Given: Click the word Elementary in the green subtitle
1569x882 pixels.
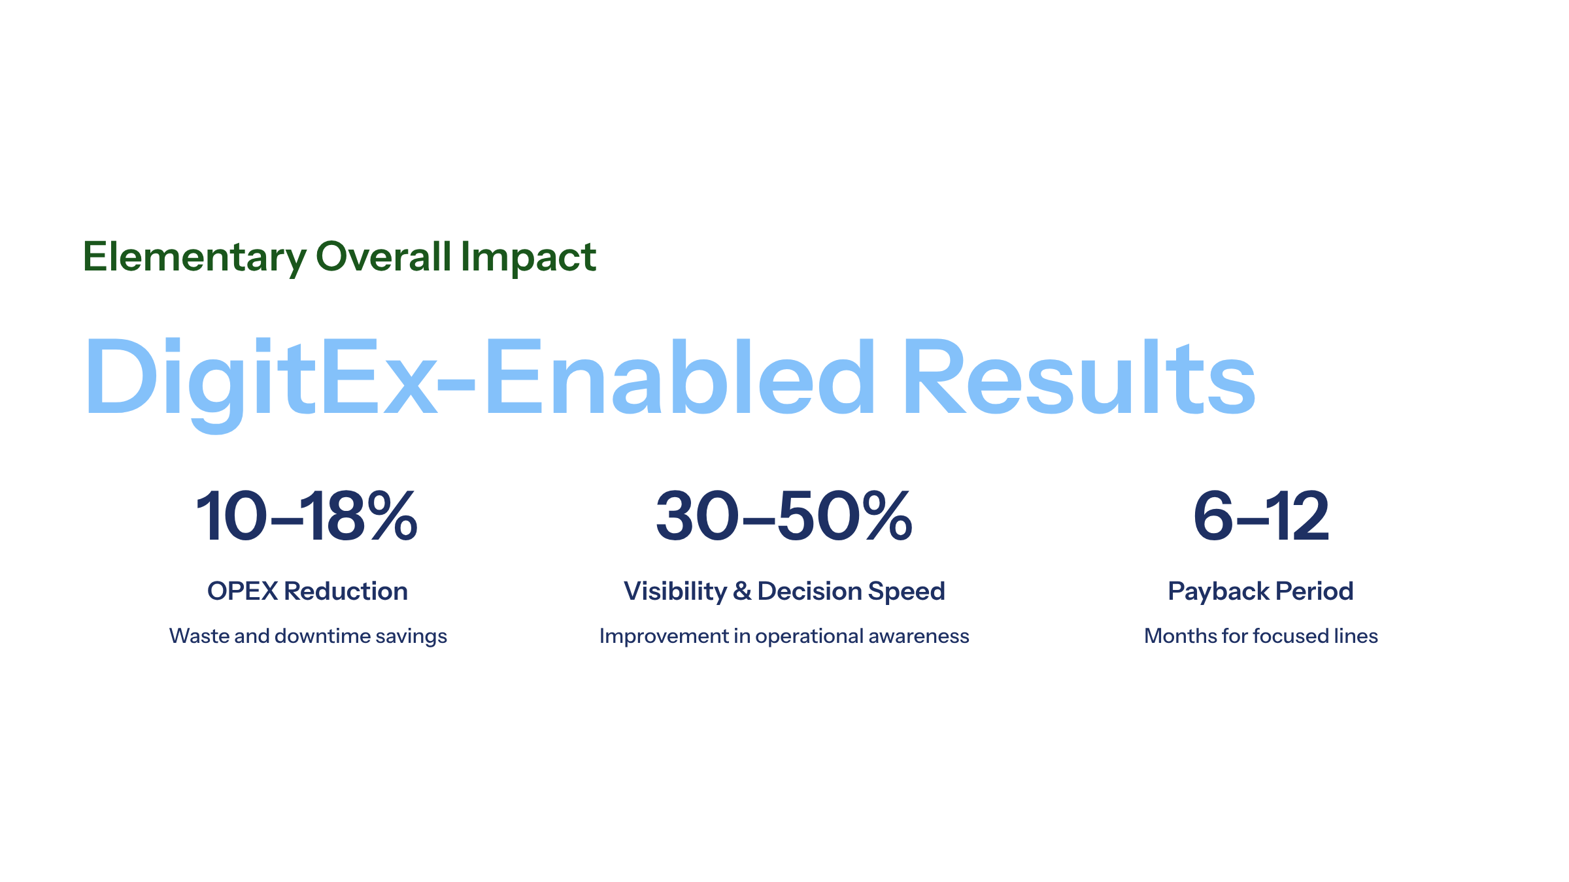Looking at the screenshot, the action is (195, 257).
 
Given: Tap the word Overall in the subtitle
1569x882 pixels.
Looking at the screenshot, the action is (384, 256).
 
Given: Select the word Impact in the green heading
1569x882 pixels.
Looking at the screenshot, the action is (528, 257).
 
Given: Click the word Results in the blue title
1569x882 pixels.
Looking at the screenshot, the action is (1079, 377).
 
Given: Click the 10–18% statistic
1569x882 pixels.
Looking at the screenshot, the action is (307, 516).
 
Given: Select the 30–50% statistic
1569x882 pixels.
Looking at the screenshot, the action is (784, 516).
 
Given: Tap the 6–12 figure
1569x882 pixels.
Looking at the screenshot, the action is (1261, 516).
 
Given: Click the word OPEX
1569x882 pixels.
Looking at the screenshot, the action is (243, 591).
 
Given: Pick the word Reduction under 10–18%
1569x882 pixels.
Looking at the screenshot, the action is (346, 591).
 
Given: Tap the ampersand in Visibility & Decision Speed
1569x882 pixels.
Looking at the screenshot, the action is (742, 591).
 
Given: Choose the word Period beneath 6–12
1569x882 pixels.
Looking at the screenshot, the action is (1314, 591).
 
